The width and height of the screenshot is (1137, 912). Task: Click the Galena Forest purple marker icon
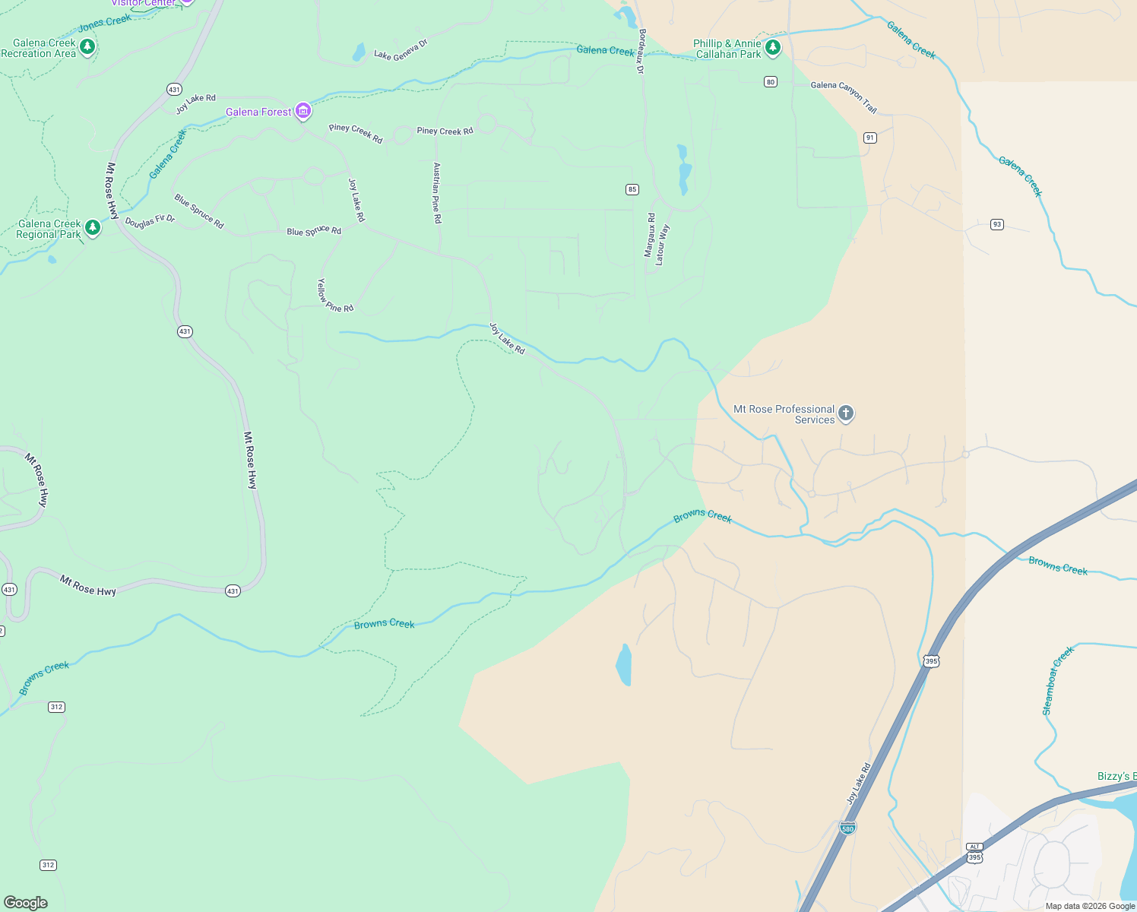(x=303, y=112)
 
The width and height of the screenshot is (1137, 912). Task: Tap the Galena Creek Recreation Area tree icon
(x=87, y=48)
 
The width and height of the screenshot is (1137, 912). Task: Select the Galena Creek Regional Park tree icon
(x=93, y=228)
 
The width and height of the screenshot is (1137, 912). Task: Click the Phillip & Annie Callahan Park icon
(x=773, y=49)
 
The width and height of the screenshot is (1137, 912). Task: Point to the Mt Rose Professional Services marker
(x=846, y=413)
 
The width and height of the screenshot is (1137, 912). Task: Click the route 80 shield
(x=771, y=82)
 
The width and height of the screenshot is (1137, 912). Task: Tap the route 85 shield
(x=632, y=189)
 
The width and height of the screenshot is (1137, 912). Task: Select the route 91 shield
(x=870, y=138)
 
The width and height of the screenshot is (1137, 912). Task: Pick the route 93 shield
(x=997, y=224)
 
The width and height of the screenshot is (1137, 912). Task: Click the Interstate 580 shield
(x=847, y=827)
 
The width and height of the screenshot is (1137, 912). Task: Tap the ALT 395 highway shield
(x=974, y=853)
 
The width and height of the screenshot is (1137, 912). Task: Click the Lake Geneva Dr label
(x=401, y=50)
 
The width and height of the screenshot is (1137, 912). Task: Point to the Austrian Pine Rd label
(x=437, y=192)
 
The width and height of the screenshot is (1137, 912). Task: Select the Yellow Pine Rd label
(x=334, y=296)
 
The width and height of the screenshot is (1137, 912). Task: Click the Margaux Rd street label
(x=650, y=235)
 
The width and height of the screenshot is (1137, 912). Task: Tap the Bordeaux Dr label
(x=641, y=51)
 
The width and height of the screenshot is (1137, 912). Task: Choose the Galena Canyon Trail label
(x=844, y=97)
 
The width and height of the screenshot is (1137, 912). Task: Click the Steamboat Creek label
(x=1057, y=681)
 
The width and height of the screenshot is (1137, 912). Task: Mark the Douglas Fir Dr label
(x=150, y=221)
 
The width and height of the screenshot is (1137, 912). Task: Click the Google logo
(x=26, y=902)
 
